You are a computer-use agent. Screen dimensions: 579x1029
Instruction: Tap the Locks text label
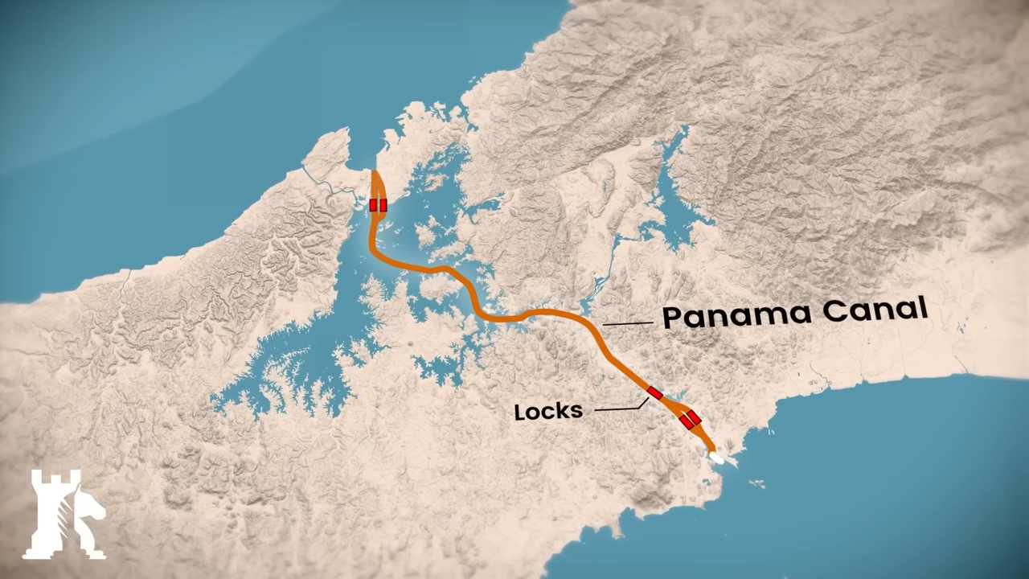point(548,411)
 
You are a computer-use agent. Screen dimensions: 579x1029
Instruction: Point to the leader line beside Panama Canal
point(627,324)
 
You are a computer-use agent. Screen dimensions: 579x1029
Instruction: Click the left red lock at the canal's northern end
point(374,205)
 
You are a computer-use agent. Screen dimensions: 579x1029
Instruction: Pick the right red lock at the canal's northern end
point(383,205)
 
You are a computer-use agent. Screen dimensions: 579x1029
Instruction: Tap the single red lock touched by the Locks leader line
point(654,393)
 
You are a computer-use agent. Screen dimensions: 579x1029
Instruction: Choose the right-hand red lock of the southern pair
point(694,417)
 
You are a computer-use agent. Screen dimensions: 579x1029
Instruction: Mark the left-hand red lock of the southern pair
point(686,422)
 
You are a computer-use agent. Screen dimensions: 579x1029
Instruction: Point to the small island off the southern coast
point(756,483)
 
